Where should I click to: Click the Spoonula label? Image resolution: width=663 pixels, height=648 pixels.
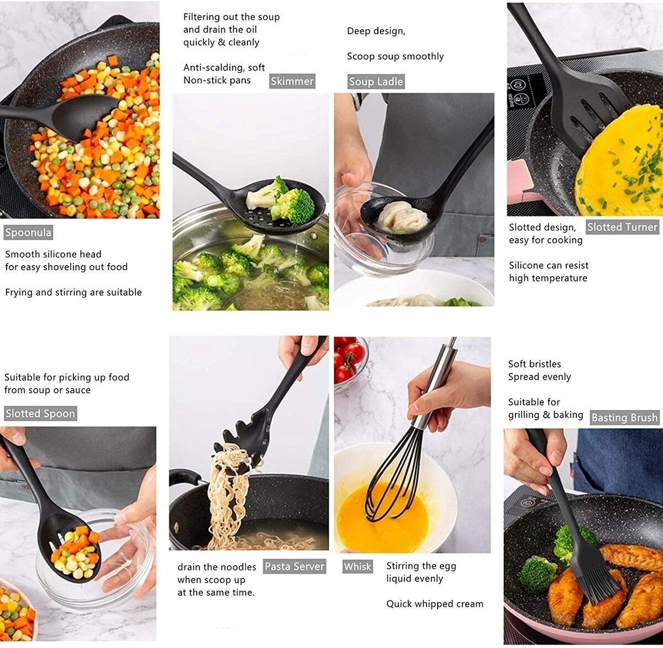coord(28,233)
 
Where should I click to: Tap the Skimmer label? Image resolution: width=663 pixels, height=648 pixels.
coord(292,81)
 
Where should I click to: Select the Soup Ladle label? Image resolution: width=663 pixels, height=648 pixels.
coord(376,81)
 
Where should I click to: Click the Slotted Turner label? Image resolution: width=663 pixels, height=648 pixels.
coord(622,227)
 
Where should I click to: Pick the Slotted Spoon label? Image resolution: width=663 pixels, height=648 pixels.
coord(40,413)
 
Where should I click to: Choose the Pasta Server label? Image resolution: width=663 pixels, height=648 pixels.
coord(294,566)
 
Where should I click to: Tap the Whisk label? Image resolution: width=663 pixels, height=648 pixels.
coord(357,566)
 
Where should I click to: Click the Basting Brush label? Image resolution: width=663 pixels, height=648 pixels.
coord(624,417)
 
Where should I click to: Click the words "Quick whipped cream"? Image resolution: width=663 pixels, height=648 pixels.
coord(434,604)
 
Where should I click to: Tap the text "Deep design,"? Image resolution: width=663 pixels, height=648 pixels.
coord(376,31)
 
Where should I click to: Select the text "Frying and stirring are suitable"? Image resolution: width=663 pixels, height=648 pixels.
coord(73,292)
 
